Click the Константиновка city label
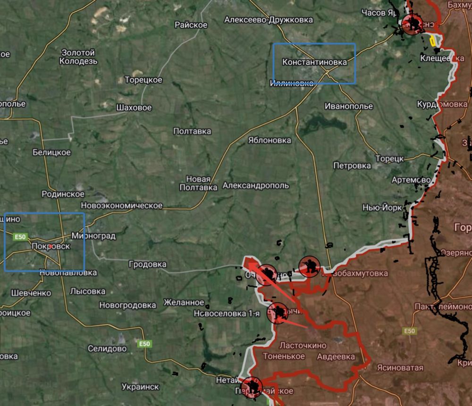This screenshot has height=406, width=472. pos(314,62)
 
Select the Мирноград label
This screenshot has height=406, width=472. pos(93,236)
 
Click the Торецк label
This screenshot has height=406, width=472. pos(389,159)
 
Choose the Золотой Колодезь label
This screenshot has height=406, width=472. pos(78,57)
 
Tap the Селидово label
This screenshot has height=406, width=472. pos(107,348)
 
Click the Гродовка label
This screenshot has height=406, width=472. pos(147,264)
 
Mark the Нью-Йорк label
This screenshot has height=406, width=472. pos(382,208)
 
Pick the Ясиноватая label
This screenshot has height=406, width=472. pos(400,367)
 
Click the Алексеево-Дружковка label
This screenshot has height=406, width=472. pos(269,20)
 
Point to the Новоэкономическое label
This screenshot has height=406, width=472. pos(122,205)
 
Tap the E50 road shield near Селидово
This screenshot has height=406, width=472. pos(144,344)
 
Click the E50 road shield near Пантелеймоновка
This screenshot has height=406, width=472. pos(409,331)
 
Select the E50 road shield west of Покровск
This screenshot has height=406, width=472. pos(20,237)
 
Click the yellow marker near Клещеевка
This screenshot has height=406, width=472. pos(432,41)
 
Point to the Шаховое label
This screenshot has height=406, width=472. pos(134,108)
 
